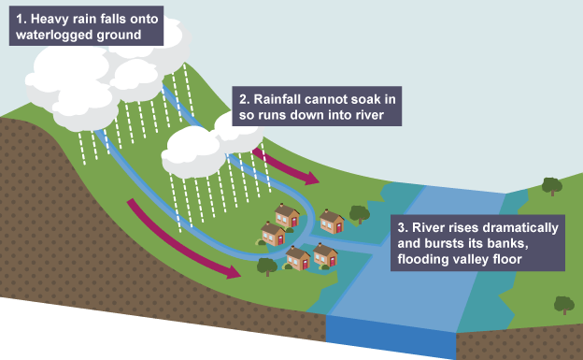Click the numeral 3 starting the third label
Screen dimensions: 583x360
[402, 228]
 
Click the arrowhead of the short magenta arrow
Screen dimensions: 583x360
[311, 179]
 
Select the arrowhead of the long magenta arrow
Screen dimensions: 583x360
[233, 272]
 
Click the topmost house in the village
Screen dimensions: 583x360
[287, 216]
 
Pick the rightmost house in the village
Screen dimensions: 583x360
[332, 222]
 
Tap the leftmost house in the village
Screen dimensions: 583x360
[273, 234]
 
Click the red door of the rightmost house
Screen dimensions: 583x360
[339, 227]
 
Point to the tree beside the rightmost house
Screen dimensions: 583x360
[360, 214]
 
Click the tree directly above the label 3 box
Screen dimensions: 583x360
[552, 186]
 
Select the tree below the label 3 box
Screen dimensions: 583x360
[564, 305]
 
